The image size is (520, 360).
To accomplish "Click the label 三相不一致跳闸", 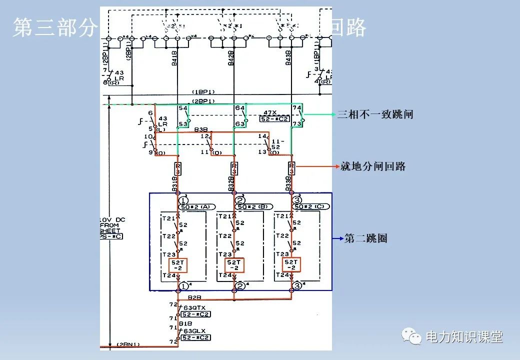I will pos(375,114).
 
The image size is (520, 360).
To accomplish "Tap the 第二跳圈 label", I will pos(366,238).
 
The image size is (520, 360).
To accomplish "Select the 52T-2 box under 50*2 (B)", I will pos(234,265).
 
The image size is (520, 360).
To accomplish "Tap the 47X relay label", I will pos(270,112).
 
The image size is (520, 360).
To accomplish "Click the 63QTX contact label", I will pos(191,307).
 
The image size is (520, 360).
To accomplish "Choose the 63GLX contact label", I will pos(191,331).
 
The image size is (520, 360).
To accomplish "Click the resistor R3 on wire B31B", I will pos(178,168).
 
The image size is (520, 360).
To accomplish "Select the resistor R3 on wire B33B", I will pos(291,168).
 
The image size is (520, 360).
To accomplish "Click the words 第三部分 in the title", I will pos(55,28).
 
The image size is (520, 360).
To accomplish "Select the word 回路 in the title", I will pos(348,28).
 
